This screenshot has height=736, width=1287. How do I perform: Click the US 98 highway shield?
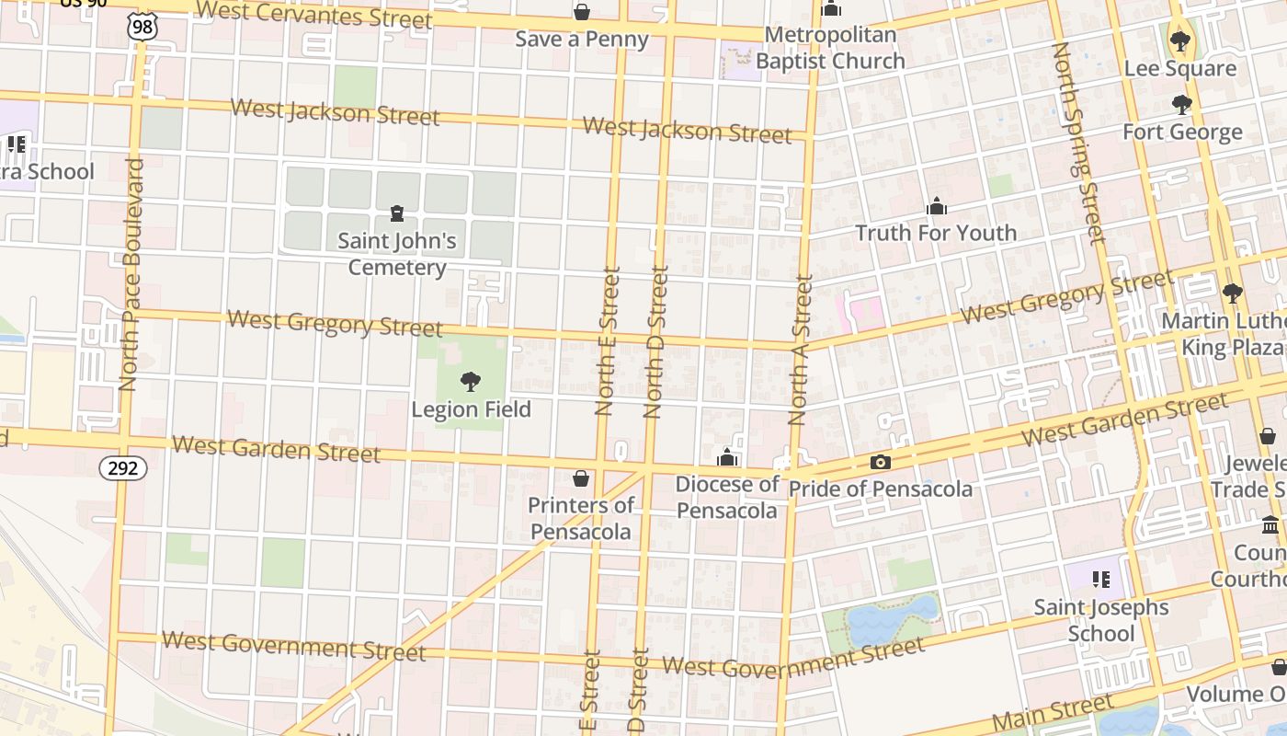point(142,28)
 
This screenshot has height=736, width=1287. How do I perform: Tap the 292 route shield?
point(122,468)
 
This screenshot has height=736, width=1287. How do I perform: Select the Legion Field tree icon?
point(471,382)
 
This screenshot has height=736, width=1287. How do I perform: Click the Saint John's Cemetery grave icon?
point(397,214)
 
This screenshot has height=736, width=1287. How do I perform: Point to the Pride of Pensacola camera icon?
point(880,463)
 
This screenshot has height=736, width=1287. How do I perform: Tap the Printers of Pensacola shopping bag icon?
point(581,478)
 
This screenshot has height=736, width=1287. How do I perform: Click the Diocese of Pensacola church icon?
point(727,457)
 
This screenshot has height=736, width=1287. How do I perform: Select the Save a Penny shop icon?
point(582,12)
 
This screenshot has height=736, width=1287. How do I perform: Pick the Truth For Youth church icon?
point(937,206)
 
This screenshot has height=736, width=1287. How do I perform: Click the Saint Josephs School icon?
point(1100,580)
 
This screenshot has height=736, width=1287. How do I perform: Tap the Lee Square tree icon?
point(1179,41)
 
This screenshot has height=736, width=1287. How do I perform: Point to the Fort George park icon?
point(1182,105)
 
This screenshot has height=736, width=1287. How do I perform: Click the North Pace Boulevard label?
point(132,274)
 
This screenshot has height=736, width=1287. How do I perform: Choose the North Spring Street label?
point(1076,143)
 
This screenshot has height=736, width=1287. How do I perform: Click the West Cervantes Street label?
point(313,15)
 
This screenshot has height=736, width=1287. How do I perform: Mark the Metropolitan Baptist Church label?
point(830,48)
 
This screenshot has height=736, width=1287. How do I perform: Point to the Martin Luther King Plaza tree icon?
point(1232,293)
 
